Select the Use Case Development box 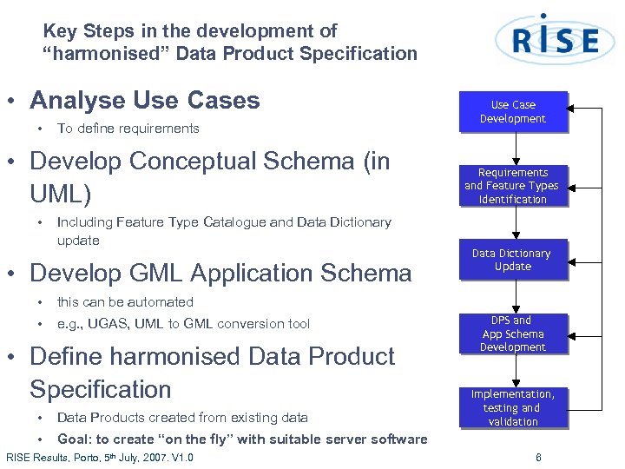[512, 112]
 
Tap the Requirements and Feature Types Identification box [512, 186]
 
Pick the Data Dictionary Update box [512, 260]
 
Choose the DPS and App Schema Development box [512, 334]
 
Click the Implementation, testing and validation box [512, 407]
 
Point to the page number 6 [538, 458]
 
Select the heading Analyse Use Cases [144, 101]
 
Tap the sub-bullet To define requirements [128, 129]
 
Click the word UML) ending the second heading [60, 193]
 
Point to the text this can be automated [125, 302]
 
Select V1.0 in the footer [181, 458]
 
